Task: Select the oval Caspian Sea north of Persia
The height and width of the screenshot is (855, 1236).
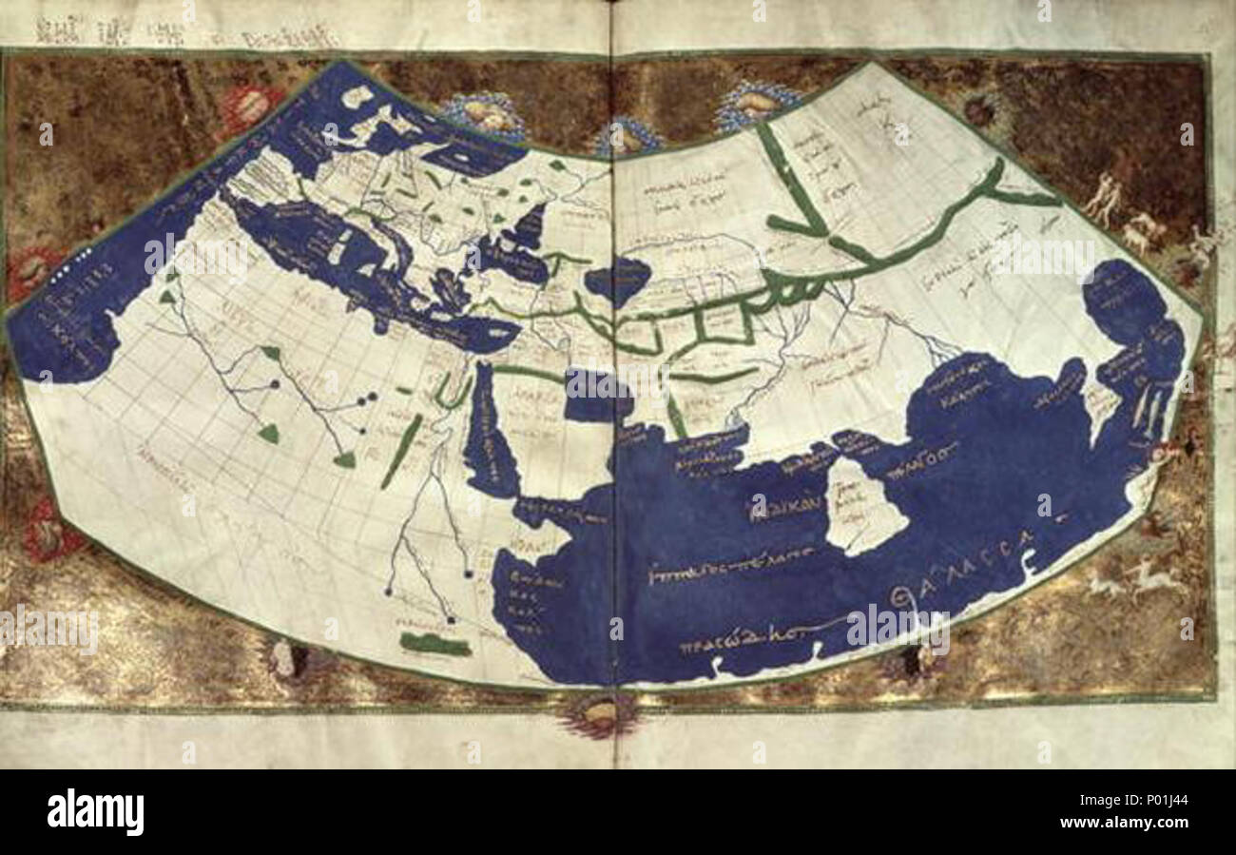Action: [616, 281]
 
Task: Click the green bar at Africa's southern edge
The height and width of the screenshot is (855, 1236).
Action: [435, 644]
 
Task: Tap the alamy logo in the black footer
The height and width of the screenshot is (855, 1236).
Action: [95, 812]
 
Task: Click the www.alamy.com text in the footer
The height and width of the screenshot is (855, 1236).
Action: [1131, 823]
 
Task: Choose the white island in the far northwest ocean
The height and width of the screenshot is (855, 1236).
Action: [357, 95]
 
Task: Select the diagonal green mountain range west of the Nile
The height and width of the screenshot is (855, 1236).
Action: [402, 452]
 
